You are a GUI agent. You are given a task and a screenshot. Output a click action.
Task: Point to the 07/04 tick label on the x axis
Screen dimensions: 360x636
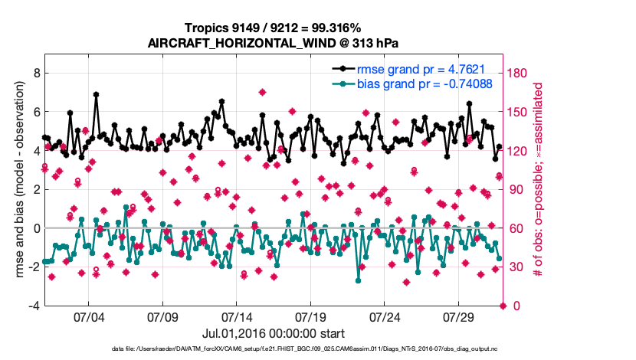pos(88,317)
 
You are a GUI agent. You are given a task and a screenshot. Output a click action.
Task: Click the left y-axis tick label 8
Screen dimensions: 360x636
pos(37,73)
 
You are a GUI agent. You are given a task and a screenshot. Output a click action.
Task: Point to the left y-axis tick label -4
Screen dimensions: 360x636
pos(34,306)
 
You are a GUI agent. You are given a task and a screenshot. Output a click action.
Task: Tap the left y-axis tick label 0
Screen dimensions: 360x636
pos(37,228)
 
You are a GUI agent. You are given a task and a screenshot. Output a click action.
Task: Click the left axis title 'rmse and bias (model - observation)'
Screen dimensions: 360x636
pos(17,180)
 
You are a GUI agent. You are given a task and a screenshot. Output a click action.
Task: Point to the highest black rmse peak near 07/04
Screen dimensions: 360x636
pos(96,94)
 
